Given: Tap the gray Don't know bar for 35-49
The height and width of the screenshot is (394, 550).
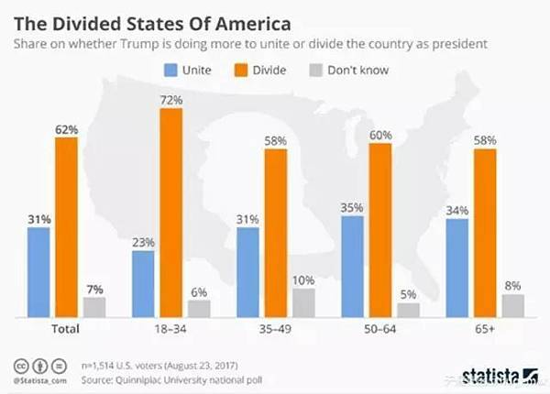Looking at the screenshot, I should [303, 302].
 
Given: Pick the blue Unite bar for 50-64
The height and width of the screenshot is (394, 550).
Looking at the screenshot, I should [352, 267].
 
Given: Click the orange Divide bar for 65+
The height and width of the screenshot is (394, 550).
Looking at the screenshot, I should [485, 233].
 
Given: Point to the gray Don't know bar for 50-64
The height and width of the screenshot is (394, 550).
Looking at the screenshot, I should [408, 310].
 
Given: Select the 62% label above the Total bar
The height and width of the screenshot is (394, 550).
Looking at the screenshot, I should [66, 130].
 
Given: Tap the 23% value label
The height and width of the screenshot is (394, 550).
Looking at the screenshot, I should [143, 243].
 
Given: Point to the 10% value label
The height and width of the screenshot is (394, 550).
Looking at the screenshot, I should [303, 279].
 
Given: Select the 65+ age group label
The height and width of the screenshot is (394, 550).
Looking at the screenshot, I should [485, 328].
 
